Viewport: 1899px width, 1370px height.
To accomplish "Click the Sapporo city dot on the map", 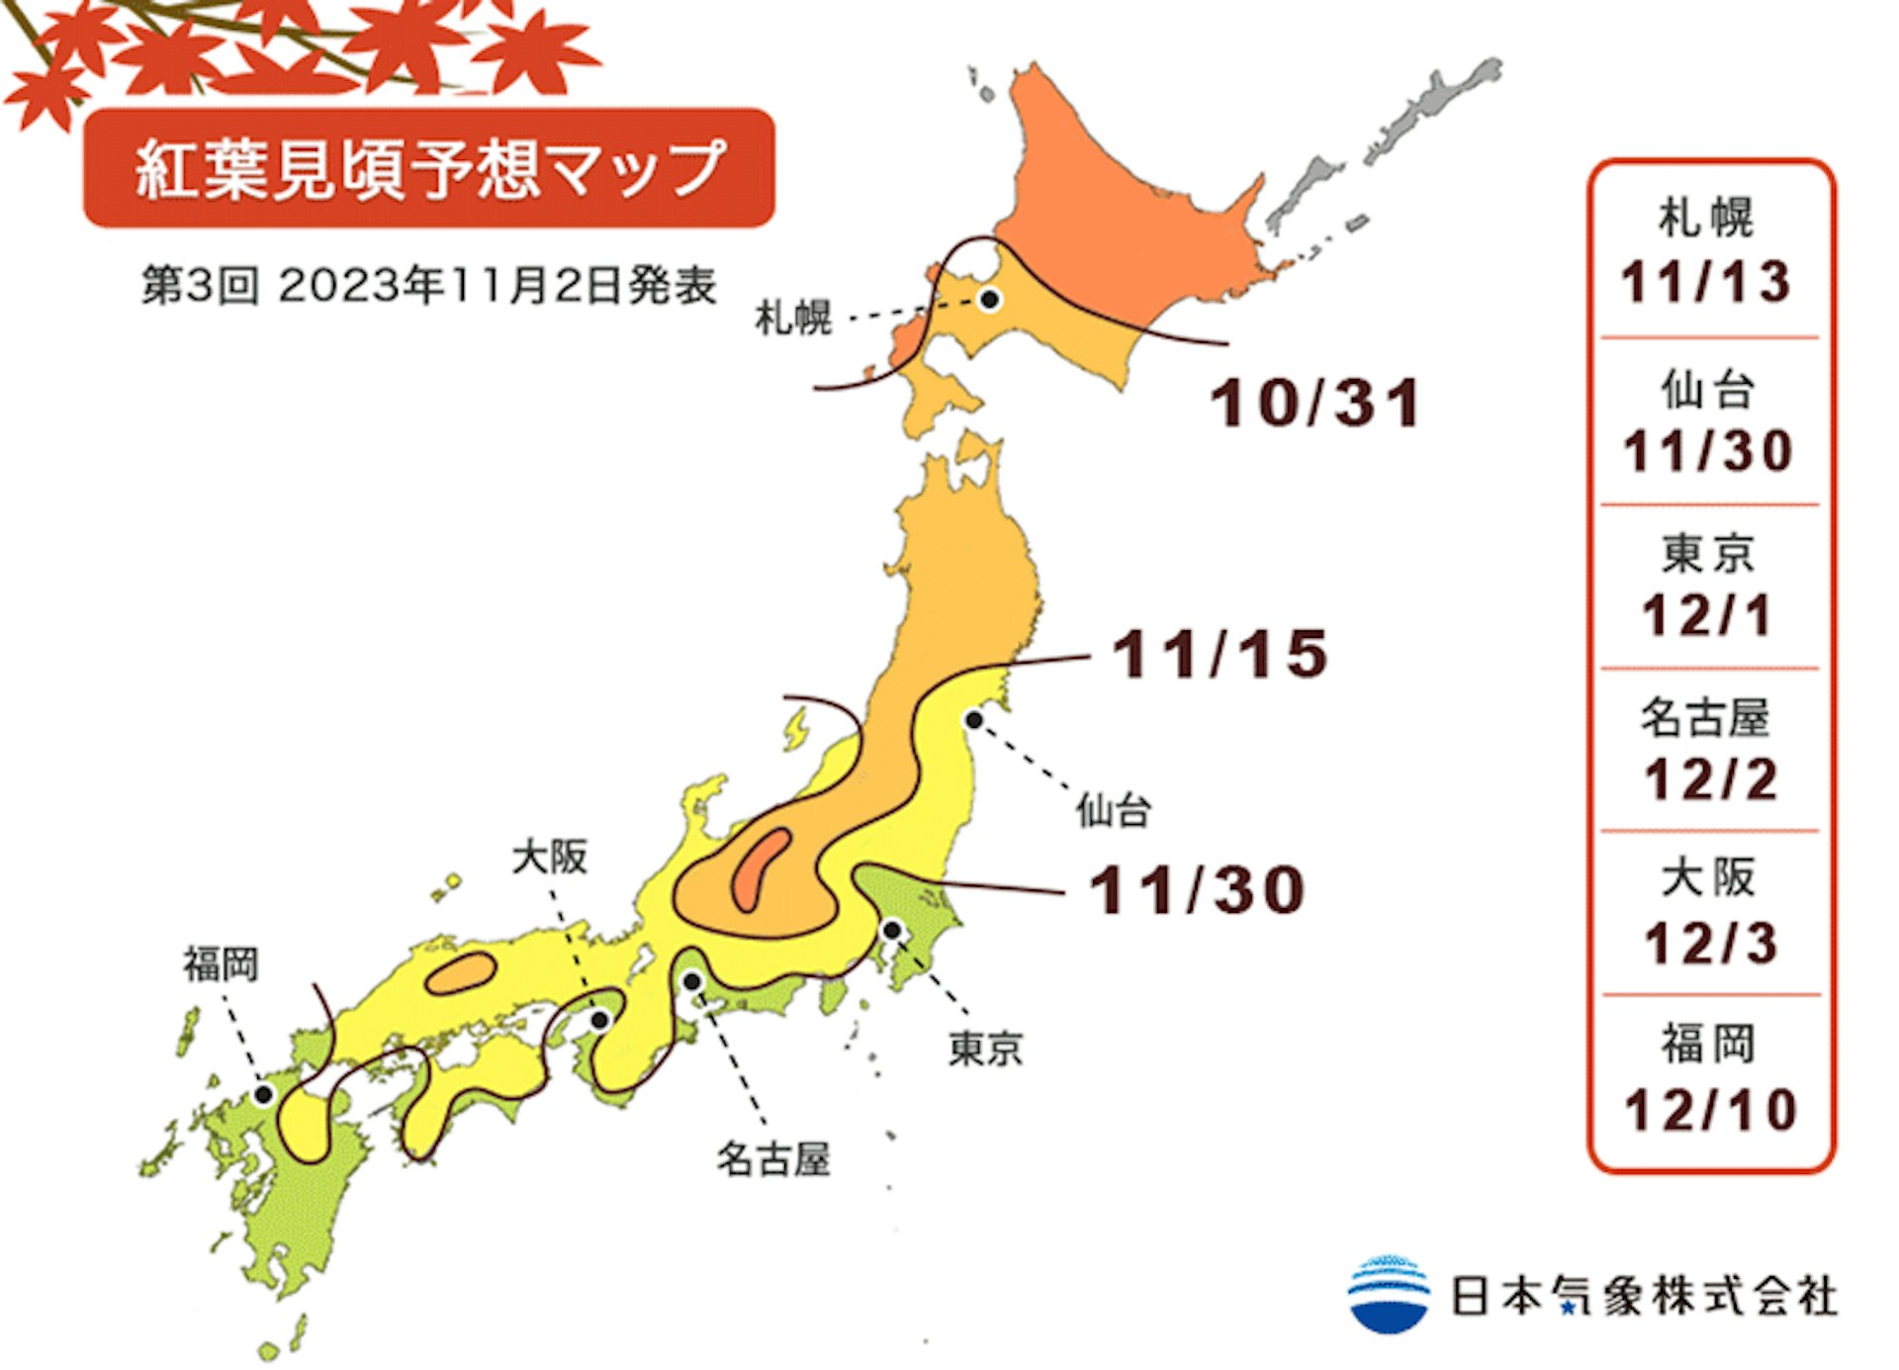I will pyautogui.click(x=989, y=299).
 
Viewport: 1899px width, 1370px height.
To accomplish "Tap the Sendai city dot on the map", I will pyautogui.click(x=974, y=720).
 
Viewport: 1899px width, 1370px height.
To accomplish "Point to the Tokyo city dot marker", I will pyautogui.click(x=891, y=930).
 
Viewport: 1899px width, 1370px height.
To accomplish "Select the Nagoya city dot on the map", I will pyautogui.click(x=692, y=981).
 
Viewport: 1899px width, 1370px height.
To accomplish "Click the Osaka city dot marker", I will pyautogui.click(x=600, y=1020).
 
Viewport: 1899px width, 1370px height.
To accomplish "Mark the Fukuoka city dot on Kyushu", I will pyautogui.click(x=263, y=1094).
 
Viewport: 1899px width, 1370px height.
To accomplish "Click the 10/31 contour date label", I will pyautogui.click(x=1315, y=404).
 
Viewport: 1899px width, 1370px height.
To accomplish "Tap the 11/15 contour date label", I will pyautogui.click(x=1220, y=654).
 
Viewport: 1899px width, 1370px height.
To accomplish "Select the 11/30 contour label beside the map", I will pyautogui.click(x=1197, y=889).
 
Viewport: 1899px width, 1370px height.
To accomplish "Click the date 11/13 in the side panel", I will pyautogui.click(x=1706, y=282).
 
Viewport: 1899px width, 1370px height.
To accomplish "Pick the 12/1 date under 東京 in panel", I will pyautogui.click(x=1707, y=615).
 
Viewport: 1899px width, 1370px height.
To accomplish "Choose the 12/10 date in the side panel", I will pyautogui.click(x=1710, y=1110).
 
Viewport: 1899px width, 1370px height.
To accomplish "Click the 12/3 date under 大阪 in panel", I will pyautogui.click(x=1710, y=943).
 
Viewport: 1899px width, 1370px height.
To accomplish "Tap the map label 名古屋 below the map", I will pyautogui.click(x=772, y=1158).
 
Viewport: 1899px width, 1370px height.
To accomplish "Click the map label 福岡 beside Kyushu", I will pyautogui.click(x=221, y=963).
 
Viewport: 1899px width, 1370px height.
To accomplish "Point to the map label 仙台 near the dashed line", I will pyautogui.click(x=1114, y=811).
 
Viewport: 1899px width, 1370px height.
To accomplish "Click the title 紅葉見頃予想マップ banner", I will pyautogui.click(x=429, y=168).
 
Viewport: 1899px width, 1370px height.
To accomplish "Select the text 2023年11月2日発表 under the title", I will pyautogui.click(x=497, y=286).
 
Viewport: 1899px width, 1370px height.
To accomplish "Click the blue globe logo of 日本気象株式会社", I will pyautogui.click(x=1389, y=1294).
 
